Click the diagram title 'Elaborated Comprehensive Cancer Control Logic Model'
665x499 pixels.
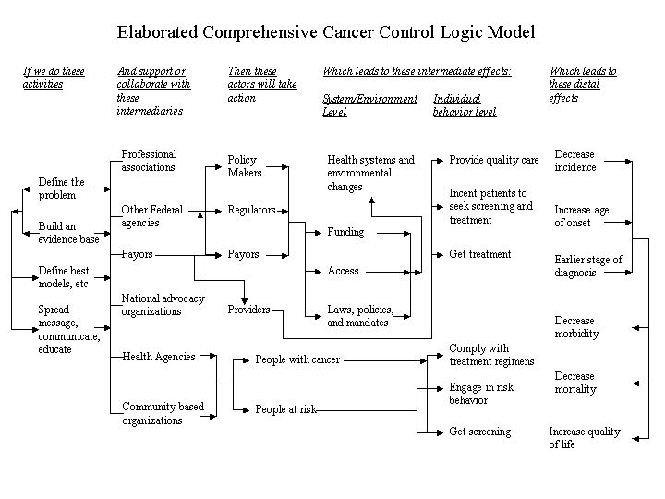[325, 33]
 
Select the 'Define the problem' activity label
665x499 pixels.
[61, 189]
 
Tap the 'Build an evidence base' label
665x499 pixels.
[67, 233]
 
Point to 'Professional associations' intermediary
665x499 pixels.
[149, 161]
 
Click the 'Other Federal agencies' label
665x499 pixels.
[152, 216]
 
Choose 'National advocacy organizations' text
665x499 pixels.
[163, 305]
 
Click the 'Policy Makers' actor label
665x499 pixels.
[245, 166]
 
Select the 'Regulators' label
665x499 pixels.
[251, 210]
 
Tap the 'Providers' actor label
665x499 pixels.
[248, 310]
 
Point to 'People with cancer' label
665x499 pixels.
[297, 359]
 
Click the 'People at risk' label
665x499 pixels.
[285, 409]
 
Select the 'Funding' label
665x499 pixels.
[345, 232]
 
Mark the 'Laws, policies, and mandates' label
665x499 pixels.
[360, 316]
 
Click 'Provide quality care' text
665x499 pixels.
[493, 160]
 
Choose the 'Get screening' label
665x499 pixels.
[479, 432]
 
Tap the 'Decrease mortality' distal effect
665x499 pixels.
[574, 383]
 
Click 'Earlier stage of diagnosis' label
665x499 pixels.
[588, 266]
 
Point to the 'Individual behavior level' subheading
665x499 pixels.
[465, 105]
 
